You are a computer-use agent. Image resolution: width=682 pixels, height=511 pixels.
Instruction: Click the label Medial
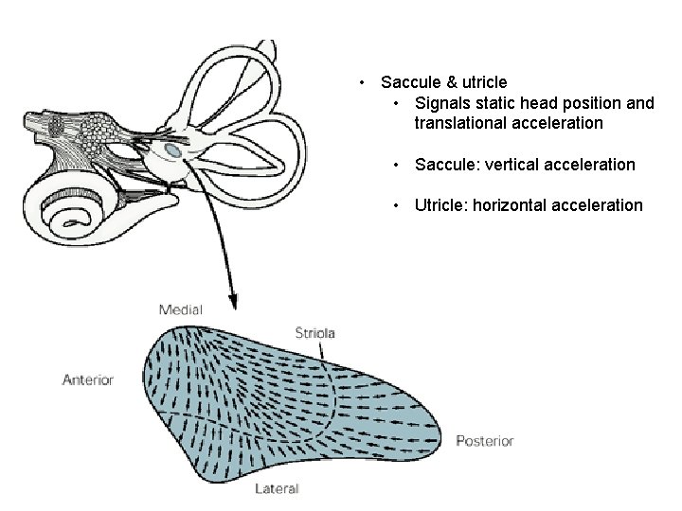180,309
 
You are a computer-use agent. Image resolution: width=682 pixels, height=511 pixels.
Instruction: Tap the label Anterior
87,379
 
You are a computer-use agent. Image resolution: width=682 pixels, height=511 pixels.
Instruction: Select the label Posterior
484,441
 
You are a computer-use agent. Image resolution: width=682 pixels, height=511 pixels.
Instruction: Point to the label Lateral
277,489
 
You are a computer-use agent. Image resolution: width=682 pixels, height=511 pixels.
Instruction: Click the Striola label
315,333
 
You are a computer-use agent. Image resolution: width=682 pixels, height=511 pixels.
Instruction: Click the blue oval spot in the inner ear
172,150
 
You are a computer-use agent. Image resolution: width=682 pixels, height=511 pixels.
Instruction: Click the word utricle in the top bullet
483,83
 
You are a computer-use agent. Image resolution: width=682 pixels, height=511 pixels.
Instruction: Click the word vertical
511,165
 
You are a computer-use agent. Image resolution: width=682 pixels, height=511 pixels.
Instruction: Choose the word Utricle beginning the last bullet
440,205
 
